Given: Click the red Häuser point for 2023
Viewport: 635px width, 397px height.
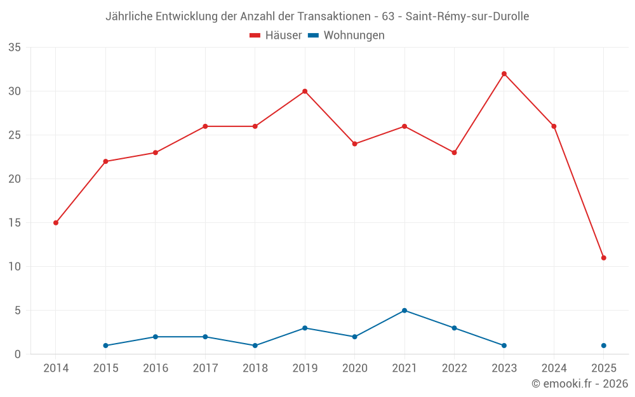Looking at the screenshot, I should [504, 74].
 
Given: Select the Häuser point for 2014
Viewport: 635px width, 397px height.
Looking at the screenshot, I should [56, 223].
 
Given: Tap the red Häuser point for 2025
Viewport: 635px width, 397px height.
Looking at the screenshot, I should [604, 258].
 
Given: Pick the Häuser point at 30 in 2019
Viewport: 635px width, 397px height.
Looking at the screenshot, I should [305, 91].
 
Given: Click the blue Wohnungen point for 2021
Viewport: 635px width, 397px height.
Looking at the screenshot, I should [404, 311].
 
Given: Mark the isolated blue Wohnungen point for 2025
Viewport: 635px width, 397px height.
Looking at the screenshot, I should [604, 346].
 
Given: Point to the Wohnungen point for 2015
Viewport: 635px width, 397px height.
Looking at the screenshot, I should [105, 346].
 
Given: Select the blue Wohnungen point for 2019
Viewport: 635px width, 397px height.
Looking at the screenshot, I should [305, 328].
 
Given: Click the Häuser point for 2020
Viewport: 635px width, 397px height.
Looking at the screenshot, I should [355, 144].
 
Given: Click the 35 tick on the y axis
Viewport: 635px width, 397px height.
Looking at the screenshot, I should [15, 48].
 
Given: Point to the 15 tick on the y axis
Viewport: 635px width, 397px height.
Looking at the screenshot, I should [15, 223].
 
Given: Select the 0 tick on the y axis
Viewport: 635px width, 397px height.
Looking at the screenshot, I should [18, 354].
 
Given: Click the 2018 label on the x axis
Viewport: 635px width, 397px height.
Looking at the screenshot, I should [255, 368].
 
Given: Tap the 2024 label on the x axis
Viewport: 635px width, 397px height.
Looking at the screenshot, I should [554, 368].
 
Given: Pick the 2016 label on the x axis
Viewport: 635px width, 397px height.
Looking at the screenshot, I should [156, 368].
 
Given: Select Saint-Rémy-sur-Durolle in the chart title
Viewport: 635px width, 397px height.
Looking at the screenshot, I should [467, 17].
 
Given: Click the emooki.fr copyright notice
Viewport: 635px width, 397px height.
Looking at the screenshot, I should [580, 384].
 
